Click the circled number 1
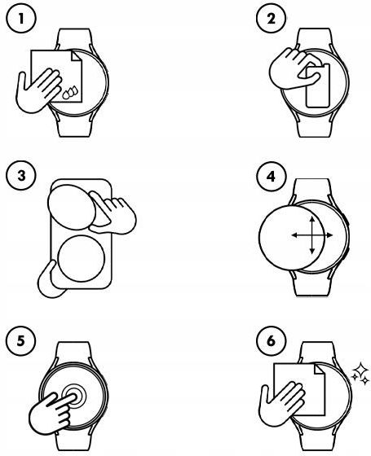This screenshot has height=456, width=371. click(x=21, y=19)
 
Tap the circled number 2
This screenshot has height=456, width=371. click(x=271, y=19)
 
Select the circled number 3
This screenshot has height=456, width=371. click(x=21, y=176)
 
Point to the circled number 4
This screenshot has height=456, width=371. click(x=271, y=176)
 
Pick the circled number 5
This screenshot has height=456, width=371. click(x=21, y=340)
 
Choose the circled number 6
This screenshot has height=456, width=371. click(x=271, y=340)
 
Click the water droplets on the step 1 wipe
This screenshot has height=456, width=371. click(x=70, y=92)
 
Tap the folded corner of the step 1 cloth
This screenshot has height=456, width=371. click(x=77, y=56)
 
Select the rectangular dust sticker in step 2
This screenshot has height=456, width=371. click(x=318, y=85)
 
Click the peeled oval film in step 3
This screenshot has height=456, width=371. click(x=72, y=207)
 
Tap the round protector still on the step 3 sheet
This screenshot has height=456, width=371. click(x=81, y=259)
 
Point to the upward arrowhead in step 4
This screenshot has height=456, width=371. click(x=311, y=219)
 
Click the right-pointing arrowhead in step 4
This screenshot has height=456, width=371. click(x=329, y=235)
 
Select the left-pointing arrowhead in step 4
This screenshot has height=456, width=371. click(x=294, y=235)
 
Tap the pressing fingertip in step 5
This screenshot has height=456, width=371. click(x=71, y=397)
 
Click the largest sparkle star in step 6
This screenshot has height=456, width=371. click(x=360, y=370)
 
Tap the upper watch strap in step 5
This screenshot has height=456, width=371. click(x=73, y=353)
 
